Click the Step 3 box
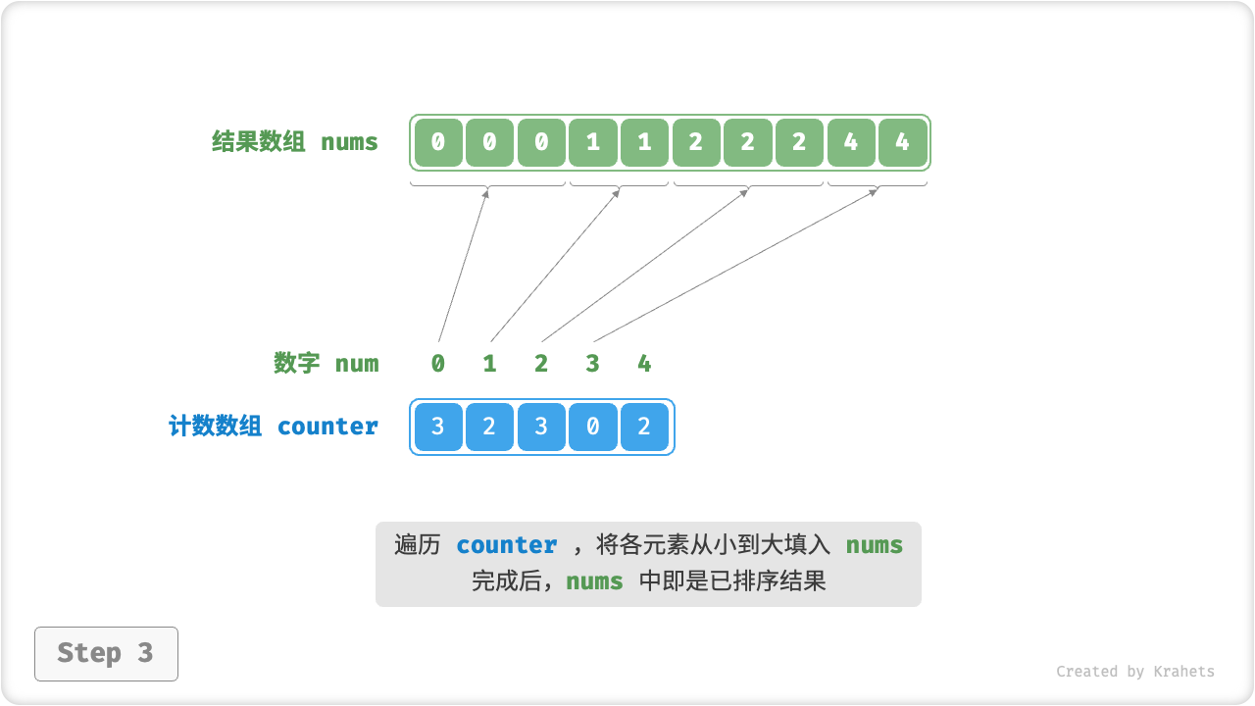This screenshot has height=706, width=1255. pyautogui.click(x=106, y=653)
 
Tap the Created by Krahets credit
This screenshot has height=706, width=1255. pyautogui.click(x=1134, y=672)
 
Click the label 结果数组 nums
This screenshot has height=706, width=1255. pyautogui.click(x=294, y=142)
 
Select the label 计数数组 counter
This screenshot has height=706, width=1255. pyautogui.click(x=274, y=427)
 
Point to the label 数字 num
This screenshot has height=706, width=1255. pyautogui.click(x=326, y=364)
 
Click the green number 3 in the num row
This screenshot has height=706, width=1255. pyautogui.click(x=592, y=364)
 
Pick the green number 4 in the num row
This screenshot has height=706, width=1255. pyautogui.click(x=644, y=364)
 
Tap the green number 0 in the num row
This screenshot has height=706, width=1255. pyautogui.click(x=437, y=364)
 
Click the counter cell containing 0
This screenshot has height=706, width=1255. pyautogui.click(x=592, y=427)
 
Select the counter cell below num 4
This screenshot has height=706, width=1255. pyautogui.click(x=644, y=427)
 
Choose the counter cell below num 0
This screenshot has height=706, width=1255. pyautogui.click(x=437, y=427)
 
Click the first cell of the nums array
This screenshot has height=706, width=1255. pyautogui.click(x=437, y=142)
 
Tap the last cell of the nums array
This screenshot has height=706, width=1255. pyautogui.click(x=902, y=142)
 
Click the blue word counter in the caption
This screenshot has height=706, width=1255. pyautogui.click(x=507, y=545)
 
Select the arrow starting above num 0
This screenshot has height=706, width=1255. pyautogui.click(x=463, y=265)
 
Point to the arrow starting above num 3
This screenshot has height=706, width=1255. pyautogui.click(x=735, y=265)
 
